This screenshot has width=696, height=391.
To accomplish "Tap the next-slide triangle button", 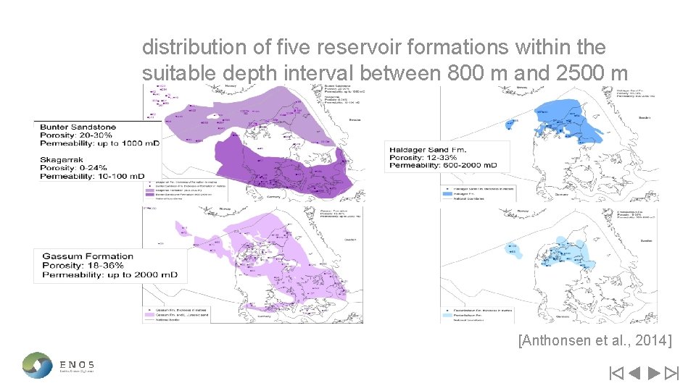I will pos(652,374).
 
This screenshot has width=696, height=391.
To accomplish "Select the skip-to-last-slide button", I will pos(671,374).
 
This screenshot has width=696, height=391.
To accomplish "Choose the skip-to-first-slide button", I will pos(616,374).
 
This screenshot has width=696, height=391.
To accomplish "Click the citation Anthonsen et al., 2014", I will pos(595,340).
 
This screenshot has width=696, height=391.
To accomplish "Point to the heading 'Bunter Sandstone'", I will pos(78,127).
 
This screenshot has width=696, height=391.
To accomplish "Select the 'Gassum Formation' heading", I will pos(88,256).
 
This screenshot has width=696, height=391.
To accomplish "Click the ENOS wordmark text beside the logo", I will pos(77,364).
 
